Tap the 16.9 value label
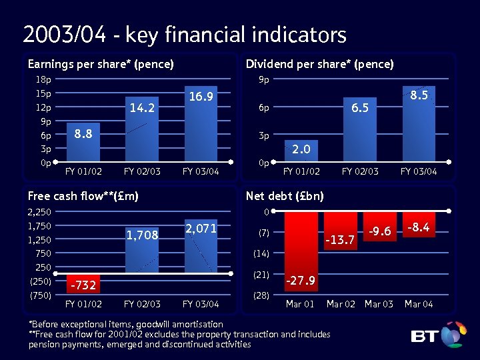(x=201, y=97)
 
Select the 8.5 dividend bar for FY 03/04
(x=419, y=124)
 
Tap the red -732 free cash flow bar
(x=83, y=283)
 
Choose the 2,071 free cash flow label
(x=201, y=228)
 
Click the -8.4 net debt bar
(x=419, y=220)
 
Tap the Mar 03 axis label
(x=379, y=304)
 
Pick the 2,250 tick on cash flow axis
(x=39, y=212)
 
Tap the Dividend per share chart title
(x=319, y=64)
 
